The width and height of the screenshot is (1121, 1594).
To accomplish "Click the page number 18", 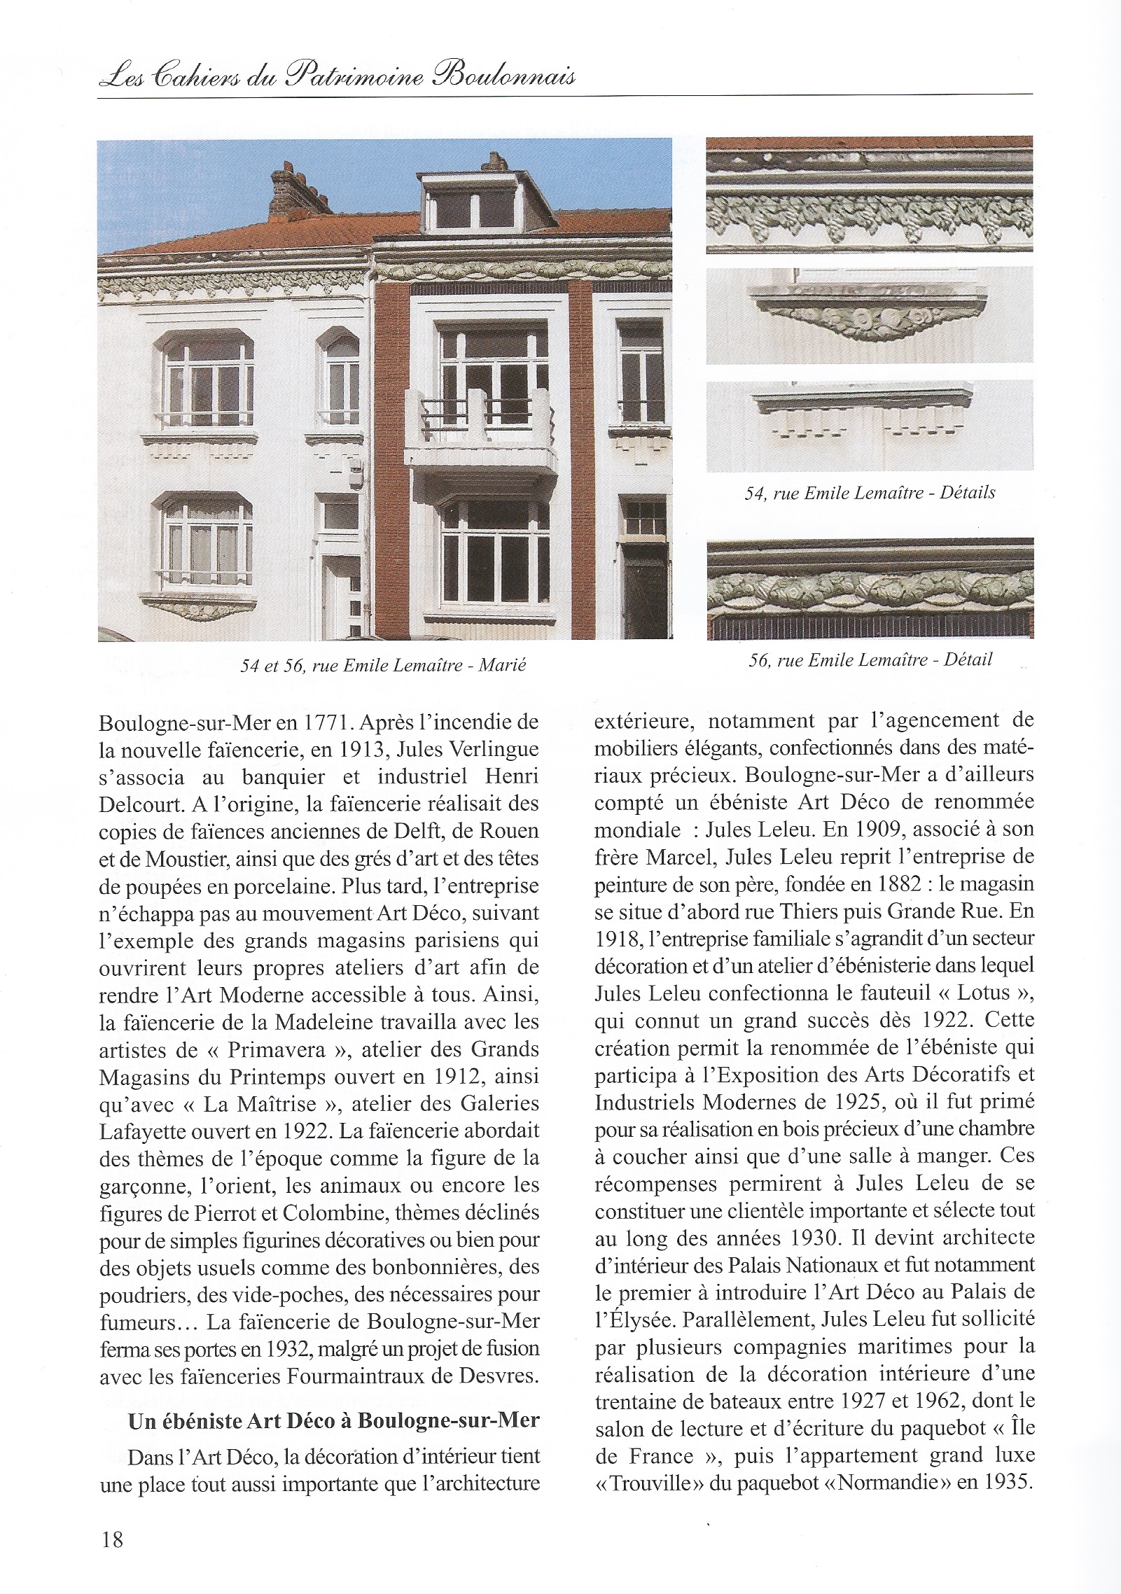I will (112, 1539).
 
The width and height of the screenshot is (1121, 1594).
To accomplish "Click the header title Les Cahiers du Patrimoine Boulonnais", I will (337, 76).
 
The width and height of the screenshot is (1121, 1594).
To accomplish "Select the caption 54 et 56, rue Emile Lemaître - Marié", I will (383, 664).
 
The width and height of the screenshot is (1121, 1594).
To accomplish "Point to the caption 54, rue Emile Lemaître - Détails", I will (870, 492).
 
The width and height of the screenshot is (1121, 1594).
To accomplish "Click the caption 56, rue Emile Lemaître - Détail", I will (870, 659).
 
